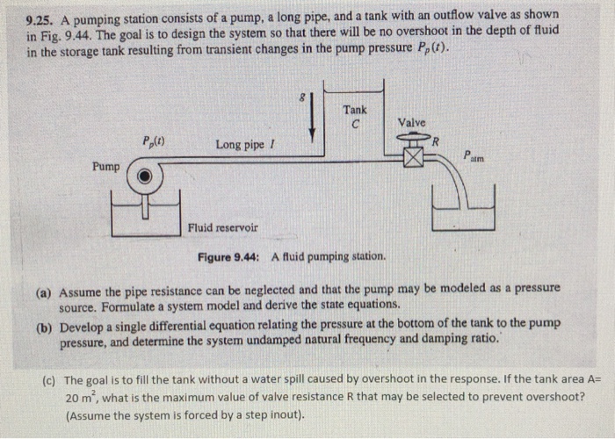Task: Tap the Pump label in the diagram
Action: pos(106,167)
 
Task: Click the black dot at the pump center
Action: pos(145,176)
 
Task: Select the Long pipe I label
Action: pos(245,145)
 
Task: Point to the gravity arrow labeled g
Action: pos(312,118)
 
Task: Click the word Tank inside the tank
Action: pos(355,110)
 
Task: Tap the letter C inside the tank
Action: pos(355,125)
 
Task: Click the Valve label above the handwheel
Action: pos(411,123)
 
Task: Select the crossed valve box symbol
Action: pos(414,158)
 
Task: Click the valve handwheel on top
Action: pos(414,137)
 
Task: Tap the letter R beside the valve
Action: pos(435,141)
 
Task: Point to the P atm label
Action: pos(474,156)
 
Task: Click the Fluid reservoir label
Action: pos(223,227)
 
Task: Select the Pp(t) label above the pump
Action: pos(154,141)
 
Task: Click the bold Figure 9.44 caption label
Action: pos(228,257)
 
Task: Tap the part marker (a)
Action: pos(43,292)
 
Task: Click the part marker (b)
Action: pos(44,327)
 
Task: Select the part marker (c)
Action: pos(50,380)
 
